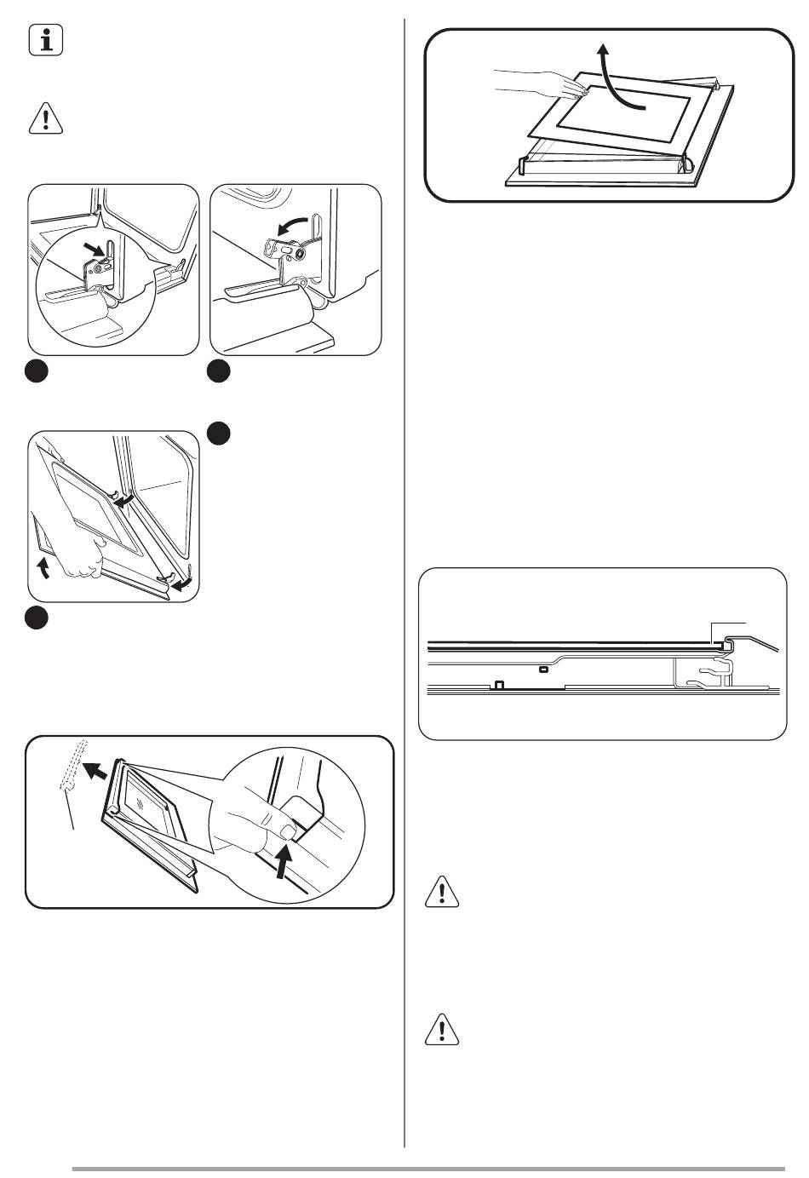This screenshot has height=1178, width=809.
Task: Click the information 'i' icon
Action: click(46, 42)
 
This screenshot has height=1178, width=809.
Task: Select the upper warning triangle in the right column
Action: click(441, 891)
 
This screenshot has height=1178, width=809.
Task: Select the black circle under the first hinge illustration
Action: click(36, 371)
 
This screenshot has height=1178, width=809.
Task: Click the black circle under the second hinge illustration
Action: click(220, 371)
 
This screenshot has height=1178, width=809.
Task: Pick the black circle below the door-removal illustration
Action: click(36, 618)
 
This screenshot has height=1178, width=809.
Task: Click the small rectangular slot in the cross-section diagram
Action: click(543, 669)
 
